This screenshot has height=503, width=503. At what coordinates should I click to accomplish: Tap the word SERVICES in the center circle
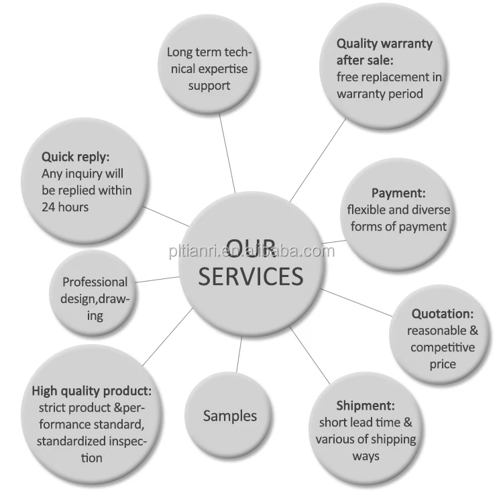click(251, 275)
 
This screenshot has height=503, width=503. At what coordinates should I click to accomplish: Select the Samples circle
click(229, 416)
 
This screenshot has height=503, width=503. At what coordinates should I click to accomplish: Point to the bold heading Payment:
click(398, 193)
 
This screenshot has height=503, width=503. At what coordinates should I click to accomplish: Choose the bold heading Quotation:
click(443, 313)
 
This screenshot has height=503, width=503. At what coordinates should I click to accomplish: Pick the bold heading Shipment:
click(365, 405)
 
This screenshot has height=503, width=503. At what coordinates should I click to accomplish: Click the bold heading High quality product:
click(92, 390)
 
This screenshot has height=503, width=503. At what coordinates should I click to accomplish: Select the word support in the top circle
click(209, 85)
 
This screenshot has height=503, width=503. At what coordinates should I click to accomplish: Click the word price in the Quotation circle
click(443, 364)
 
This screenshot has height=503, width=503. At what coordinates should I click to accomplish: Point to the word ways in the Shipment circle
click(366, 456)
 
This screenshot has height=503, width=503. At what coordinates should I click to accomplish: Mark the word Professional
click(95, 282)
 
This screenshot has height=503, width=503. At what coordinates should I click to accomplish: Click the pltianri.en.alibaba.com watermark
click(251, 252)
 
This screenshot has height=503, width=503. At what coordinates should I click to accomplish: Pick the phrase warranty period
click(380, 94)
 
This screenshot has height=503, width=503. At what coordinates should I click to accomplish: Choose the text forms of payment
click(398, 227)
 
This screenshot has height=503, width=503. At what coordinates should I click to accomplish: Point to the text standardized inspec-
click(92, 441)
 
